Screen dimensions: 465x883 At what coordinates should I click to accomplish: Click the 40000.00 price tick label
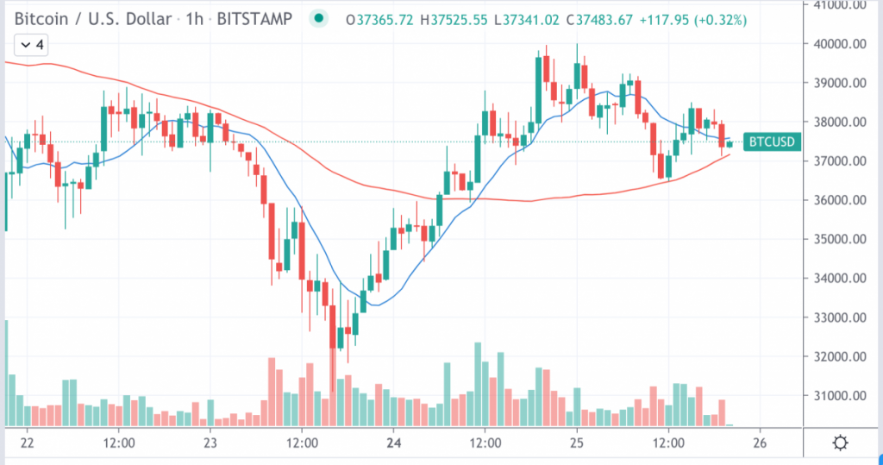pos(842,44)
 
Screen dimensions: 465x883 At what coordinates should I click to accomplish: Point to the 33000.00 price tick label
pos(842,317)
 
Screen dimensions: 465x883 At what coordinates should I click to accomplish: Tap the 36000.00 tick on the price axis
pos(842,200)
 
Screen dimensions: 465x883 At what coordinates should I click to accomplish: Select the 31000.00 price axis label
pos(842,396)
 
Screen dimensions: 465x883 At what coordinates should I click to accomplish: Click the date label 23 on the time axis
pos(209,443)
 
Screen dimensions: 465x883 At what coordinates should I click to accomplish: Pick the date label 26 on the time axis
pos(760,443)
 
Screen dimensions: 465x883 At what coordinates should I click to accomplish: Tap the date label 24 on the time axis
pos(392,443)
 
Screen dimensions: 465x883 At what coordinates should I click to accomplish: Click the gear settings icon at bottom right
pos(841,443)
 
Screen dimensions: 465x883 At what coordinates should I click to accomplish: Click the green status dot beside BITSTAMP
pos(319,18)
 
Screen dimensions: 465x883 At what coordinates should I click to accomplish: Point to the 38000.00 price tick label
pos(842,123)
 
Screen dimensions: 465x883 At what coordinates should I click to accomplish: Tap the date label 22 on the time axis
pos(25,443)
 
